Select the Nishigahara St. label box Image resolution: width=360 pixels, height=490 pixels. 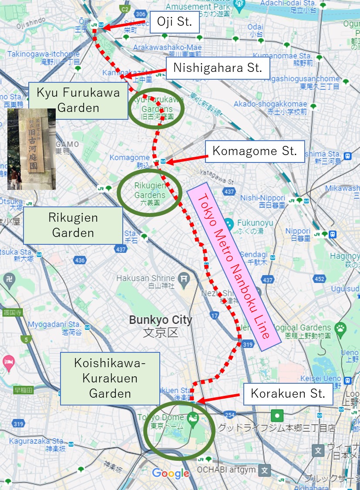pos(218,68)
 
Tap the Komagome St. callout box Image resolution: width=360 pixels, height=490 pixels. pos(255,152)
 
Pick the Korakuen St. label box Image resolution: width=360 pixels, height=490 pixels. pos(288,394)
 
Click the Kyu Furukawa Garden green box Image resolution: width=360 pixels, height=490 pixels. pos(78,100)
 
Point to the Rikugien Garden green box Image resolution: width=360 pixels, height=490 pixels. pos(73,225)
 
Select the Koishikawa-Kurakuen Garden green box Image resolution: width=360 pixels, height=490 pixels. pos(110,378)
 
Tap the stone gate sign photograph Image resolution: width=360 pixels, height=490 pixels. pos(31,149)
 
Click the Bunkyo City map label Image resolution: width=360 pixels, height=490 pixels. pos(160,326)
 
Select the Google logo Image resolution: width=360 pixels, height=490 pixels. pos(170,473)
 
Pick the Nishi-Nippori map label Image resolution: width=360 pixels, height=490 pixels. pos(256,200)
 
